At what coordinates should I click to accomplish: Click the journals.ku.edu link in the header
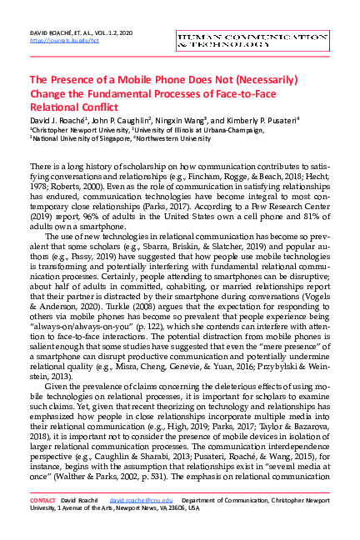coord(58,39)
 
